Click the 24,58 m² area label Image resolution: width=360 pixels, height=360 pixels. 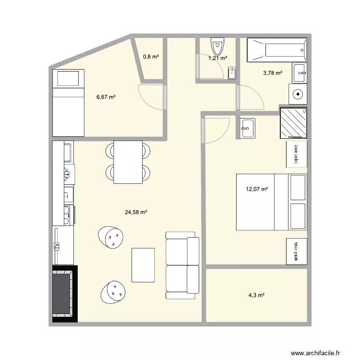136,212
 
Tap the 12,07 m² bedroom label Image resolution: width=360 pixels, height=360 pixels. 257,189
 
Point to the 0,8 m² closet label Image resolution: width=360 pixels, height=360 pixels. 151,57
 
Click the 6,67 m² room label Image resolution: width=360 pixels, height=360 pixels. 106,97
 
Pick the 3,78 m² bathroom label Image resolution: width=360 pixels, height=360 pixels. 272,73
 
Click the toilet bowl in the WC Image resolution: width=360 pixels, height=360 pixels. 217,47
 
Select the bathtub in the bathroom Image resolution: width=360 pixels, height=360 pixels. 276,50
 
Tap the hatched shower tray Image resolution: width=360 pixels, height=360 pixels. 292,123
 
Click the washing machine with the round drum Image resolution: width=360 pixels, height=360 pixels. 298,94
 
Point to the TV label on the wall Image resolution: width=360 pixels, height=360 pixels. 56,246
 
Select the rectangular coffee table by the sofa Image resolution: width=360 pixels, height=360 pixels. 143,264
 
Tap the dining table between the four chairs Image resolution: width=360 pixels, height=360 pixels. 128,162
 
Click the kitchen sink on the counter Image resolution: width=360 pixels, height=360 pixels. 67,153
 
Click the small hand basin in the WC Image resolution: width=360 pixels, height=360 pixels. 232,73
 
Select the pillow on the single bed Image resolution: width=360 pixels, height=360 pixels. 68,78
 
